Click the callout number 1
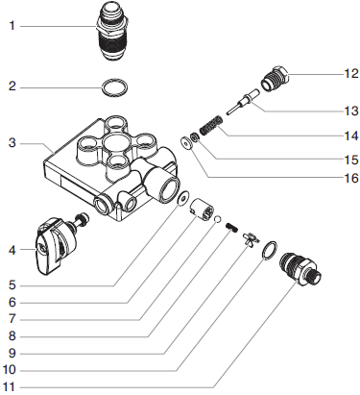coord(12,26)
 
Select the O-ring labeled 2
coord(114,90)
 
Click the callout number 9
coord(12,351)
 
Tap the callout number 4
coord(12,251)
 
